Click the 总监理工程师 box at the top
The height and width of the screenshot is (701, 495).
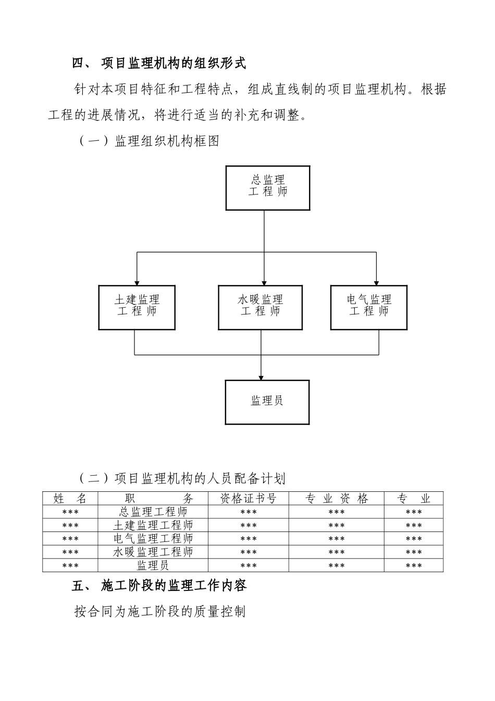tap(267, 188)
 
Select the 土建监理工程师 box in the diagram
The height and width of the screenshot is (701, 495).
tap(137, 307)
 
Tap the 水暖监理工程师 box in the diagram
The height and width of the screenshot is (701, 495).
tap(260, 307)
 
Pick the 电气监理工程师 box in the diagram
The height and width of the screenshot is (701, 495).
tap(369, 307)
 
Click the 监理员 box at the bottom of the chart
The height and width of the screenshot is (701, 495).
tap(267, 402)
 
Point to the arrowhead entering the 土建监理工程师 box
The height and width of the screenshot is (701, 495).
tap(137, 282)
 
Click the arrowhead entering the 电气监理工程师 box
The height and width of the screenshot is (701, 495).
tap(376, 282)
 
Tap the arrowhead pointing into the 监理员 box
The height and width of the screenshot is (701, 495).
tap(261, 377)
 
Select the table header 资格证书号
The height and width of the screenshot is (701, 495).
tap(248, 499)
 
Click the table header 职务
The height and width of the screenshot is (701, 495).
tap(153, 499)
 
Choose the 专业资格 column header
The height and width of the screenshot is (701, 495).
tap(337, 499)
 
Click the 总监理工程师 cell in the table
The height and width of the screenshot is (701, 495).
tap(153, 512)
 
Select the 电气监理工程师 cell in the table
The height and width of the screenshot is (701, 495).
tap(153, 539)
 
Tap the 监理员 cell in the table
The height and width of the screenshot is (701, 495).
tap(153, 565)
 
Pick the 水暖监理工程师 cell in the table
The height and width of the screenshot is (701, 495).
tap(153, 552)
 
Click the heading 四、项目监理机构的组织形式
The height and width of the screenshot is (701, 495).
tap(159, 64)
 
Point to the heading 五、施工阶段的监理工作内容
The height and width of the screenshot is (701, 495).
tap(159, 586)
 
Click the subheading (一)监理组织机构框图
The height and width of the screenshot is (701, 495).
tap(149, 141)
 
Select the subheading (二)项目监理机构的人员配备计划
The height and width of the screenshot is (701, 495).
tap(182, 478)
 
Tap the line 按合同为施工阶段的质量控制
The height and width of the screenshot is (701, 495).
tap(160, 611)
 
